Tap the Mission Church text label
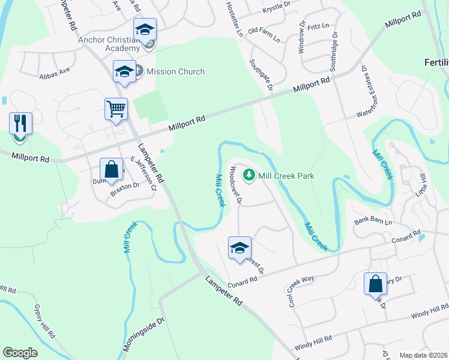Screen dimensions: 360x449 [x=175, y=71]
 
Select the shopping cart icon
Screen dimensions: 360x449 [x=116, y=110]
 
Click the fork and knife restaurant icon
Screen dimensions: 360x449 [x=20, y=124]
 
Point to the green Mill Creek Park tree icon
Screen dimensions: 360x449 [x=249, y=176]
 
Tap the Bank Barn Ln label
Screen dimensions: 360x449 [x=373, y=221]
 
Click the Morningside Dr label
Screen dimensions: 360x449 [x=143, y=335]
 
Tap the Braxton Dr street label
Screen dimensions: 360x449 [x=124, y=185]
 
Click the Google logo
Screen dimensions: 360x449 [x=20, y=353]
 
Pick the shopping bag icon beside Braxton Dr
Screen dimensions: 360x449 [x=112, y=169]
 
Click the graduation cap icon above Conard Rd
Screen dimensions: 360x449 [x=240, y=248]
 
